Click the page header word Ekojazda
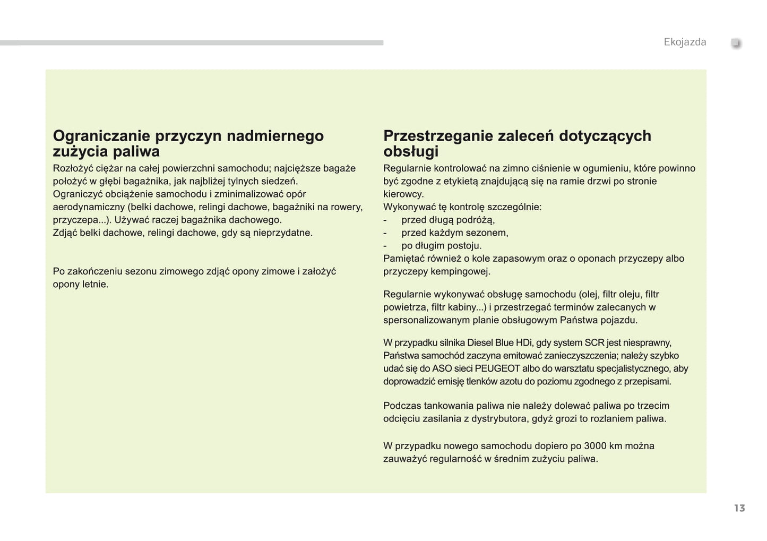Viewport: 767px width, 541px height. [x=685, y=42]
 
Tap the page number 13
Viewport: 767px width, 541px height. [x=739, y=509]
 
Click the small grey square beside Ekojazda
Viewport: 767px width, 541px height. [x=736, y=43]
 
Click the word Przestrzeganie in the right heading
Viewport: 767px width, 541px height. [x=438, y=136]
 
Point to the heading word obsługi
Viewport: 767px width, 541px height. [x=411, y=152]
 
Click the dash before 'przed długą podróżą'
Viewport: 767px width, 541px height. [x=385, y=220]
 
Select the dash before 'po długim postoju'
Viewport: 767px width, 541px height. [x=385, y=246]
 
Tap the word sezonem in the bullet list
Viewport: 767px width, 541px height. [x=486, y=233]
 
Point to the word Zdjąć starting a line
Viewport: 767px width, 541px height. [x=65, y=233]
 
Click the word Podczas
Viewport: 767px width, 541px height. [x=401, y=406]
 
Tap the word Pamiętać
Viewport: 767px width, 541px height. [x=405, y=259]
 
